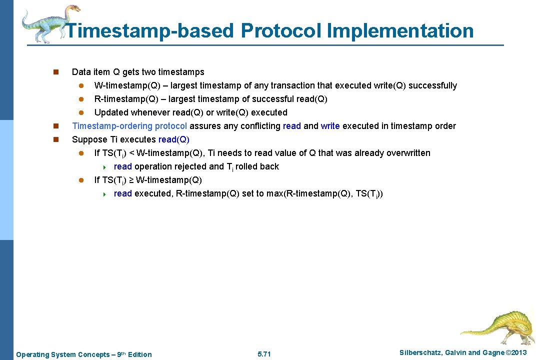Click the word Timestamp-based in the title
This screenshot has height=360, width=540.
[149, 30]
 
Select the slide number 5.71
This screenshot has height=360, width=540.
[263, 354]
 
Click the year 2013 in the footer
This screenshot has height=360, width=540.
[517, 353]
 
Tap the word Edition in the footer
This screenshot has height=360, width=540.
[140, 354]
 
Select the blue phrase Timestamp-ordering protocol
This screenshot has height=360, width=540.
[129, 126]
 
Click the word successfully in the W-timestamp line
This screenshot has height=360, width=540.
[432, 85]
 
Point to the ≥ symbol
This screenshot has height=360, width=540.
[131, 180]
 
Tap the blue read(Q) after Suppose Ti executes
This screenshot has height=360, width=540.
[173, 139]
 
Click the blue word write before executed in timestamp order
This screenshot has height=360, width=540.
[330, 126]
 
